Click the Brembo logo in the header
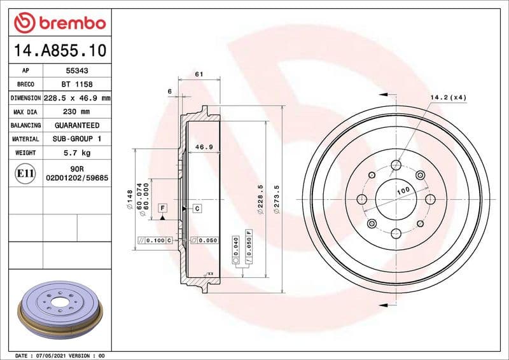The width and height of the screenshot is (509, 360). tap(59, 24)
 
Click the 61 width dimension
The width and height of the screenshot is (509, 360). tap(199, 74)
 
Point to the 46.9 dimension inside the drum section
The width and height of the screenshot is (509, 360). tap(203, 147)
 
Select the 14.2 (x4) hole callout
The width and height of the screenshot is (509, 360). tap(448, 97)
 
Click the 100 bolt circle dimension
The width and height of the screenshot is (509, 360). tap(403, 191)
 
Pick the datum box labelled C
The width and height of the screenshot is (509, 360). tap(197, 208)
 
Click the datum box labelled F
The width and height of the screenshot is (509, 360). tap(163, 208)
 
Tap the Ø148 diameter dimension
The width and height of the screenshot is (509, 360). tap(130, 199)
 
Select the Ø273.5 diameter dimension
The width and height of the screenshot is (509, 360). tap(275, 199)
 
